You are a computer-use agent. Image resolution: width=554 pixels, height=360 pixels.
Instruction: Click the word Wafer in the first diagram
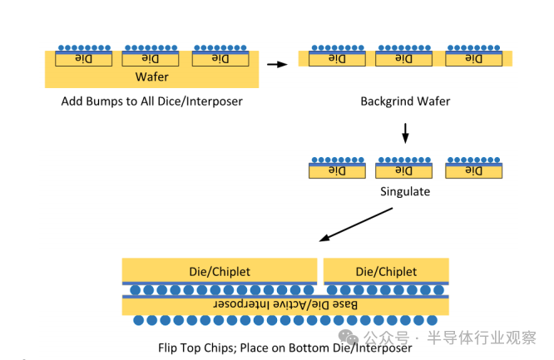pos(151,77)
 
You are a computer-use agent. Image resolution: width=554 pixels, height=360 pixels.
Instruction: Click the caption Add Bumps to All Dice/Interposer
pos(151,101)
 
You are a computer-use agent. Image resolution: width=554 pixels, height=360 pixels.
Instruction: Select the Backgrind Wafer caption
pos(405,101)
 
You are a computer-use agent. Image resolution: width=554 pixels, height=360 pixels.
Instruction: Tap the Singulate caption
pos(405,190)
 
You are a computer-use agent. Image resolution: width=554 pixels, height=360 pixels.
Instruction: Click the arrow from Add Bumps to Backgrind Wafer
pos(276,62)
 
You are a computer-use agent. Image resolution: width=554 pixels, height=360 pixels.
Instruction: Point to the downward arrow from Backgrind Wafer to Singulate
pos(405,132)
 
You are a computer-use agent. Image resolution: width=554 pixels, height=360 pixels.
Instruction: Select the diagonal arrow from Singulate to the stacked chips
pos(357,224)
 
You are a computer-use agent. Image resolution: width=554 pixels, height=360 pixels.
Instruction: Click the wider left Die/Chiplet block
pos(220,271)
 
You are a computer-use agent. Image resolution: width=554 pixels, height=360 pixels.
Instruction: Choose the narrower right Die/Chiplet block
pos(386,271)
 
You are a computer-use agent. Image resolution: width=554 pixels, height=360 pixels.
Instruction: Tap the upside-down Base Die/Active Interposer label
pos(286,305)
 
